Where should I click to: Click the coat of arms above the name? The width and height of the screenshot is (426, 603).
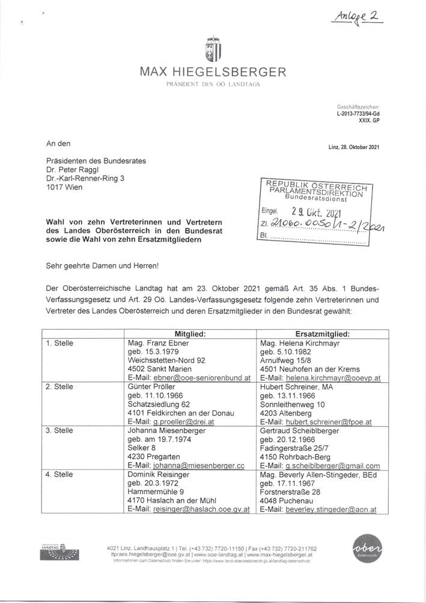coord(213,50)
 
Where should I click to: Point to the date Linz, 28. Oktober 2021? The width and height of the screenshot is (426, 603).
coord(353,147)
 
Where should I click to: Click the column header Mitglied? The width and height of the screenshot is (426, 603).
coord(190,333)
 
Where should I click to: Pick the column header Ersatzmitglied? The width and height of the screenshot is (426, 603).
coord(323,333)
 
